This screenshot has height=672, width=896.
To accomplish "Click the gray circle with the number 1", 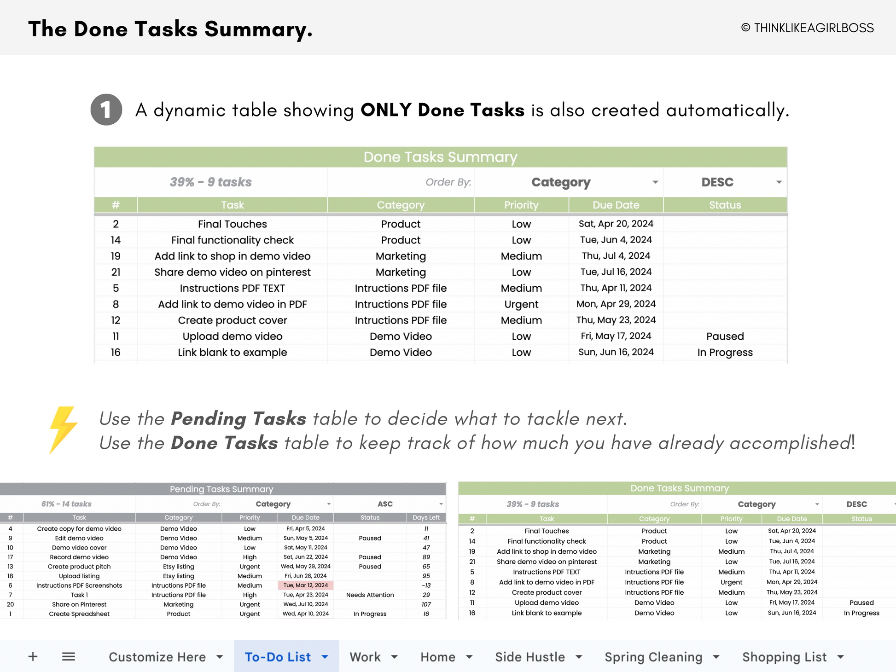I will click(x=106, y=110).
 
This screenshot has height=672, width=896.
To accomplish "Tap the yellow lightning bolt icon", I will click(x=63, y=429).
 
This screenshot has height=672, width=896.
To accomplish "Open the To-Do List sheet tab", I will click(x=278, y=657).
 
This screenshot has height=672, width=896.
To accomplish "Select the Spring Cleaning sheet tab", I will click(x=653, y=657).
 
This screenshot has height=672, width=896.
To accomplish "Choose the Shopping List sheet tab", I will click(x=784, y=657).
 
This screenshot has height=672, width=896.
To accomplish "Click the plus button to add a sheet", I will click(x=33, y=656).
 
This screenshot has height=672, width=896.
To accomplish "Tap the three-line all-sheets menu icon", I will click(x=69, y=656).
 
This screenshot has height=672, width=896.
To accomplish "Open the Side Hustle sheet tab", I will click(x=530, y=657).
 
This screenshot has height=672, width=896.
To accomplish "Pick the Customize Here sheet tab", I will click(x=157, y=657).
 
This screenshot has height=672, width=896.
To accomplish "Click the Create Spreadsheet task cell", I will click(x=79, y=614).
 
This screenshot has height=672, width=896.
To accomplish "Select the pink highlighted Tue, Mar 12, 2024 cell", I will click(x=306, y=585).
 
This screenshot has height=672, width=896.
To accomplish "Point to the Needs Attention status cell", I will click(x=370, y=595).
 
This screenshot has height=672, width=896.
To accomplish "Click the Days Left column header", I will click(x=426, y=518).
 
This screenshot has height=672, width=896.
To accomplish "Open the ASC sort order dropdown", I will click(x=441, y=504).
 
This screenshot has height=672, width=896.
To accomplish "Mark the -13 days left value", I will click(x=426, y=585).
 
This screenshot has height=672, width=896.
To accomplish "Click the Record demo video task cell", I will click(x=79, y=557).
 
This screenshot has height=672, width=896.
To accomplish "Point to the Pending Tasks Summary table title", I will click(x=221, y=489).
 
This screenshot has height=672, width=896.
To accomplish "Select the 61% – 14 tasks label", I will click(x=66, y=504).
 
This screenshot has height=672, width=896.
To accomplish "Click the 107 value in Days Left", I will click(x=426, y=604).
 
